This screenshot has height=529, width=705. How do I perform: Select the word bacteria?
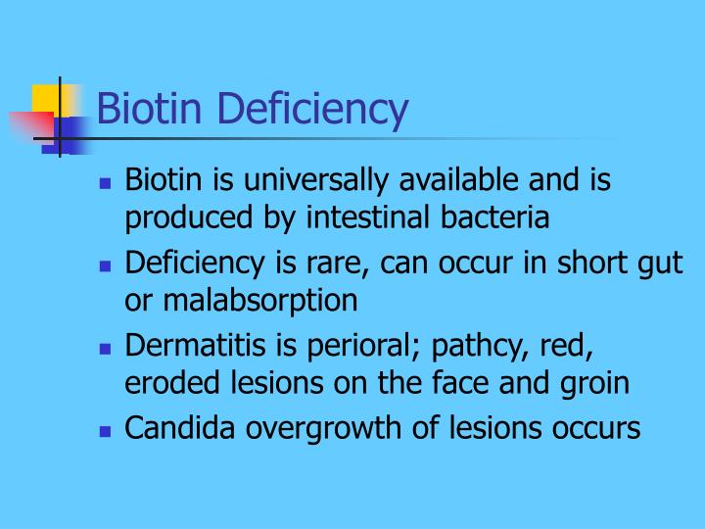point(505,217)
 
